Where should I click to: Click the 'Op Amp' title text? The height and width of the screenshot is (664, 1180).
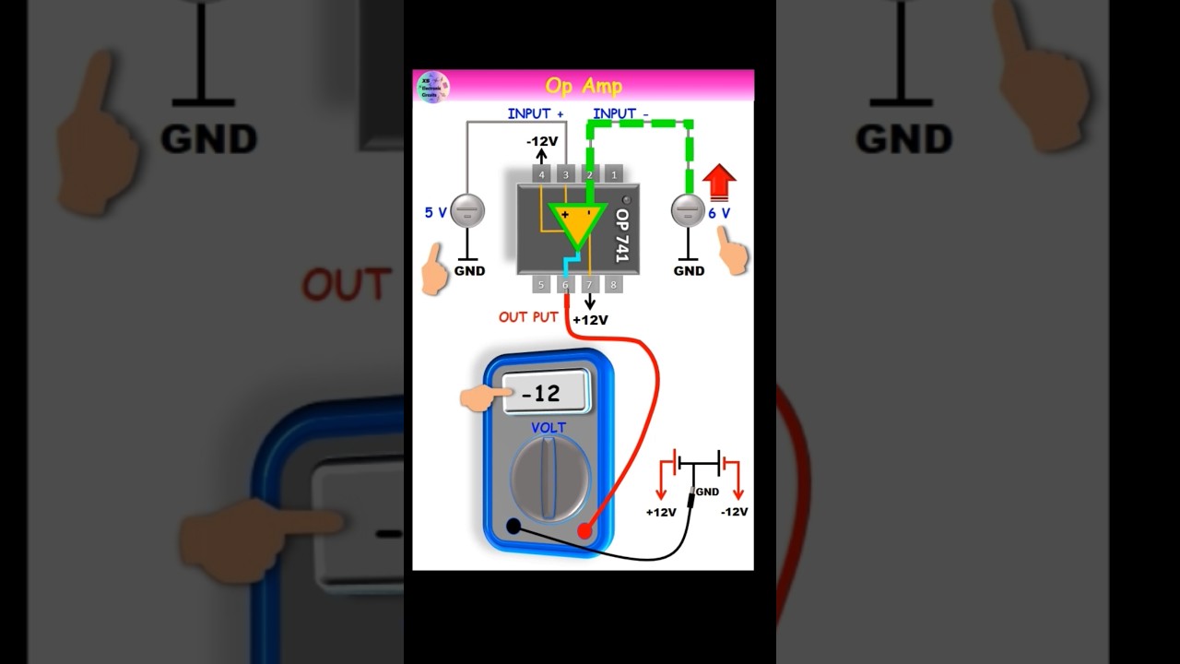point(584,86)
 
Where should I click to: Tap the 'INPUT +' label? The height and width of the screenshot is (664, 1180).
point(535,113)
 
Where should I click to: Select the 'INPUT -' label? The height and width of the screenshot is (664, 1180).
point(620,113)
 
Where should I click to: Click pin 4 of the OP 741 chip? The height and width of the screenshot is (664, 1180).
point(541,174)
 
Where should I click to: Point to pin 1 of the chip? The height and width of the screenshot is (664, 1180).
point(613,174)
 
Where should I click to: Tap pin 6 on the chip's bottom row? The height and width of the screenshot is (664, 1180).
point(565,285)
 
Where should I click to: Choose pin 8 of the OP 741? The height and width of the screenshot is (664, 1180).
point(613,285)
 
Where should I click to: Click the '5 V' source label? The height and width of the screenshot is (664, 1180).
point(435,212)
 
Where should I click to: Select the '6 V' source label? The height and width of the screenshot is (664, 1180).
point(718,213)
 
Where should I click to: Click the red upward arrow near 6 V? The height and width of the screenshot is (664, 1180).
point(719,182)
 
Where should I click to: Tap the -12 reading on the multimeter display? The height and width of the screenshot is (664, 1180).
point(542,394)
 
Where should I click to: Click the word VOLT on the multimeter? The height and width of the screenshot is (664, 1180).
point(548,428)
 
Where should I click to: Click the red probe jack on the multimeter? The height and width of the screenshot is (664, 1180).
point(584,531)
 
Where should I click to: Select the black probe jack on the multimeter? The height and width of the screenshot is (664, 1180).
point(513,526)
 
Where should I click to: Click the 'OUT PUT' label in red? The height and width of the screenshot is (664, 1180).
point(528,317)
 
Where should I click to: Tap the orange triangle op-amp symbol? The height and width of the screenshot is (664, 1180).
point(578,221)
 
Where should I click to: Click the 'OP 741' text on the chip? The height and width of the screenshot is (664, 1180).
point(621,234)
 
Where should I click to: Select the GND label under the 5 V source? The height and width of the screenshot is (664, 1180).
point(469,271)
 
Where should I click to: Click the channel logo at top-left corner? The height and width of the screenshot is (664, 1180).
point(432,87)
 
